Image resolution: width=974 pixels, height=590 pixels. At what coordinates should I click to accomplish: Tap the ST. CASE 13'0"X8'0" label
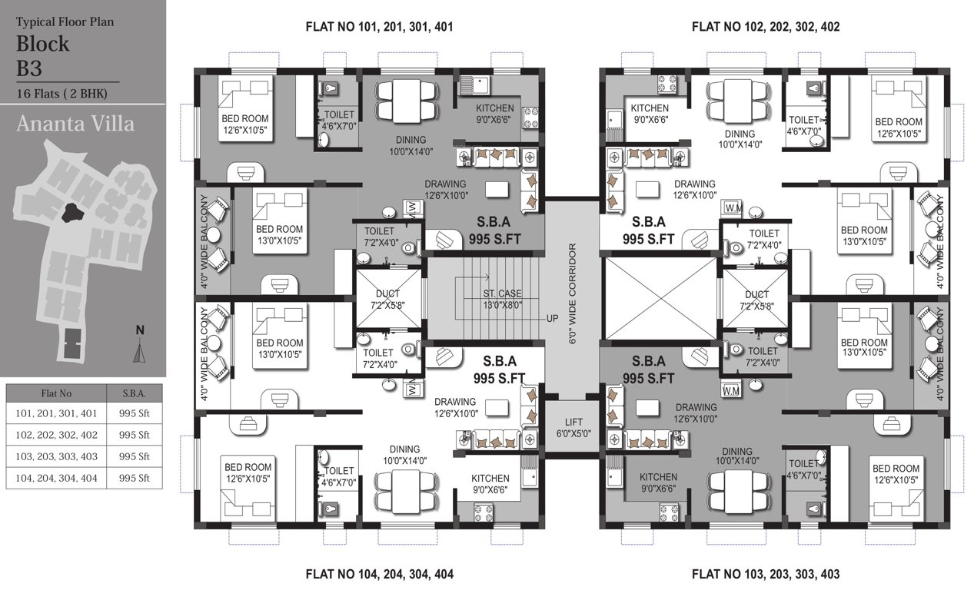tap(503, 299)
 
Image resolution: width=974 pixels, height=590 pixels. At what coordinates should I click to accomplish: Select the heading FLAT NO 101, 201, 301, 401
tap(379, 27)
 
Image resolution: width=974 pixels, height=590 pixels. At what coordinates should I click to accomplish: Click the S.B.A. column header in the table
tap(135, 393)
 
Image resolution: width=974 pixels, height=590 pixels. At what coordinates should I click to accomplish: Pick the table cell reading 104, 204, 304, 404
tap(56, 477)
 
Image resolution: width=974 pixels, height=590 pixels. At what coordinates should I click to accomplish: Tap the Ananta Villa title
tap(75, 124)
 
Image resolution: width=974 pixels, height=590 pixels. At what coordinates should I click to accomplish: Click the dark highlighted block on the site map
tap(75, 211)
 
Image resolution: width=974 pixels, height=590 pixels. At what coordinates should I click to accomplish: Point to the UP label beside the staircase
tap(552, 317)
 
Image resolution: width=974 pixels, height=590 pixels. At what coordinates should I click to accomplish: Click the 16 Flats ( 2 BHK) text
tap(62, 94)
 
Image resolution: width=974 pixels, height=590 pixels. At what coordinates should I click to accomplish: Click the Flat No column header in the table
tap(56, 393)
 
